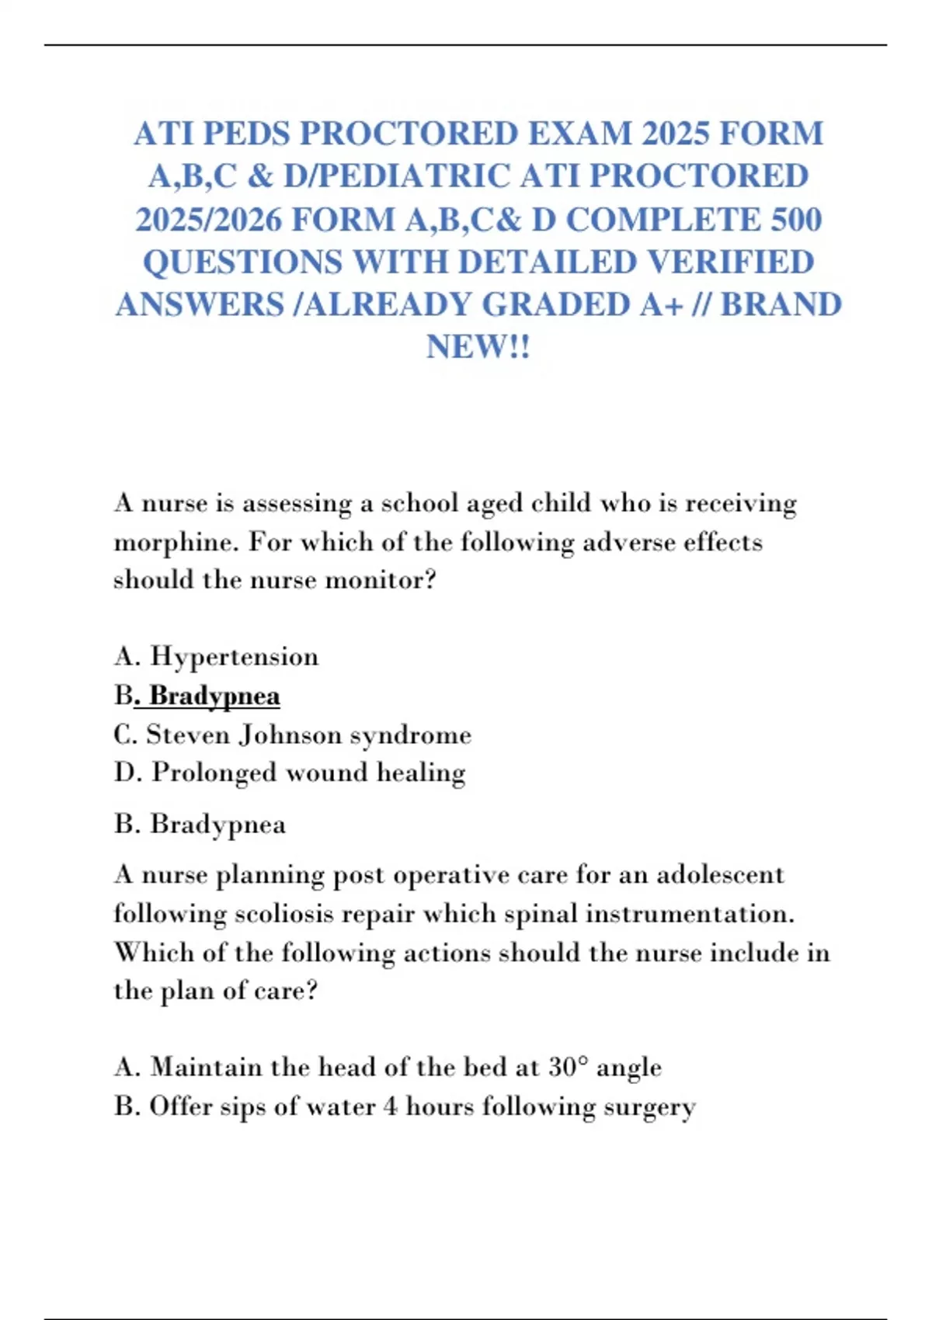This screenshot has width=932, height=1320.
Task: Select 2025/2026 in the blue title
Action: click(x=208, y=220)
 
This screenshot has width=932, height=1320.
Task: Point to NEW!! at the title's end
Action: click(x=478, y=346)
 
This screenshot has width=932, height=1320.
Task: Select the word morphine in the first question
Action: click(x=176, y=542)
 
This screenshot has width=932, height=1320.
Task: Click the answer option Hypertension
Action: click(x=234, y=657)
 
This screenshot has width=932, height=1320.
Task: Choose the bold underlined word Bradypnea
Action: click(x=214, y=696)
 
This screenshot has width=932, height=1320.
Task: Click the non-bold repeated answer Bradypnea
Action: click(x=217, y=824)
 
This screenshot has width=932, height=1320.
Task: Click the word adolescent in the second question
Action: click(x=720, y=875)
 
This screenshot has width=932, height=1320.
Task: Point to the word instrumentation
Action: click(x=689, y=914)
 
